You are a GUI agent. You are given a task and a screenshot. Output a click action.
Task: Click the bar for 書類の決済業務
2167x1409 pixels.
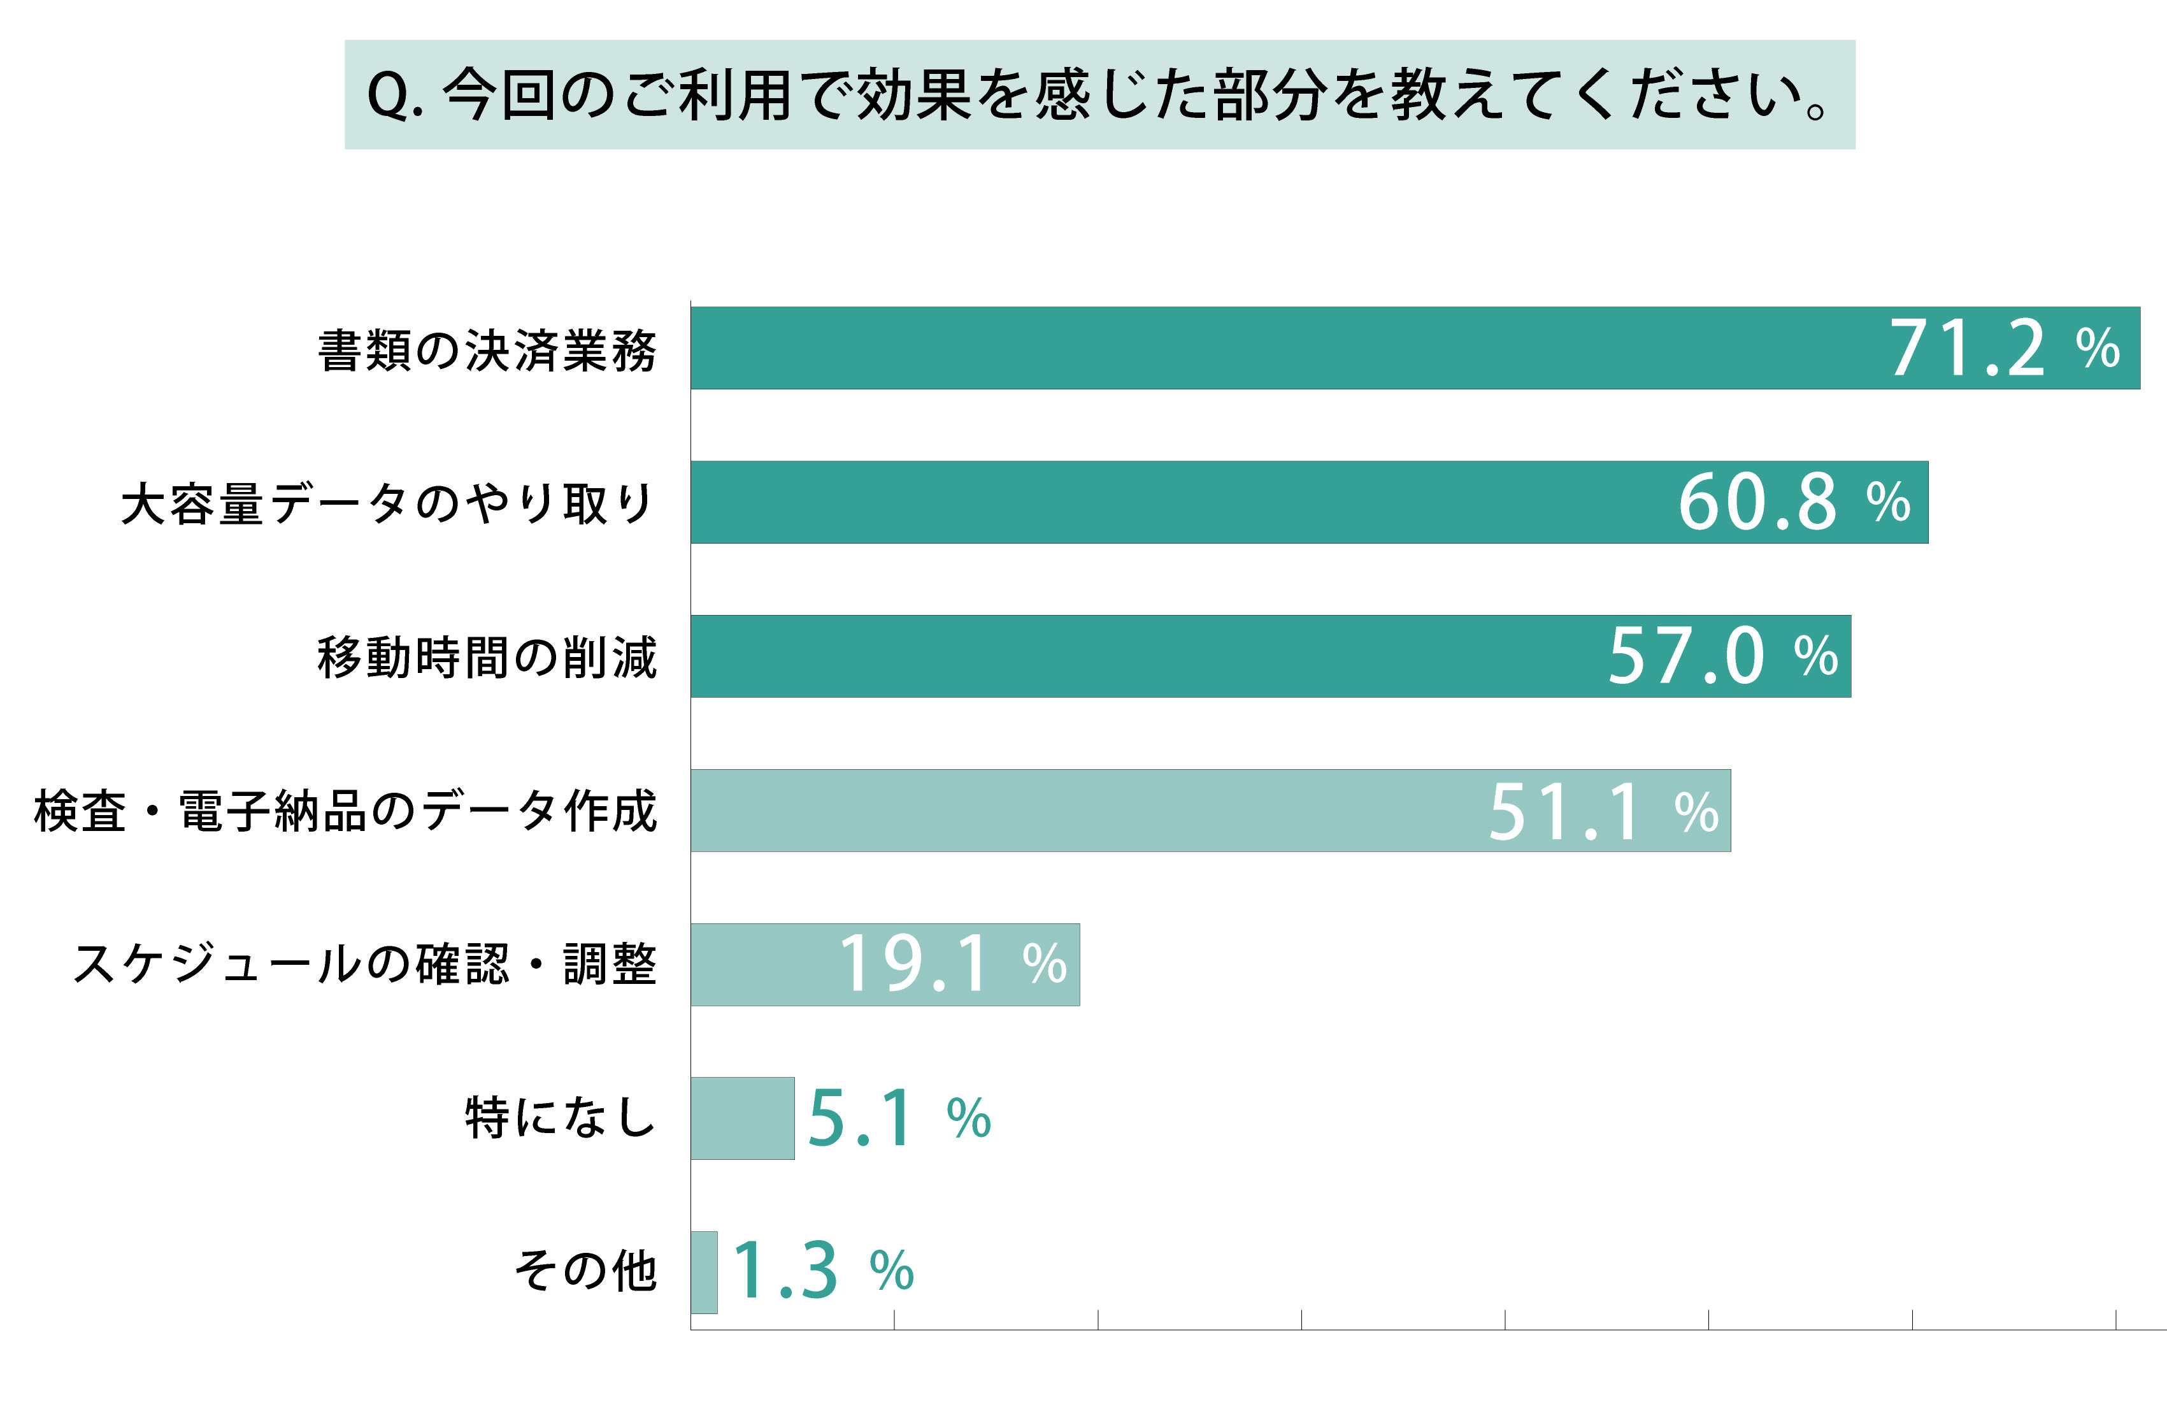(1275, 348)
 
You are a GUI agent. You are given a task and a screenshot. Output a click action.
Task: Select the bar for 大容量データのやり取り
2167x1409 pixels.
(1184, 502)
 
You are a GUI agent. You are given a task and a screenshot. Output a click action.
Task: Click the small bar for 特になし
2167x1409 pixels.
(742, 1118)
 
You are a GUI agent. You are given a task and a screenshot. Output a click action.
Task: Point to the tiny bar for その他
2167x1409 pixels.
(704, 1271)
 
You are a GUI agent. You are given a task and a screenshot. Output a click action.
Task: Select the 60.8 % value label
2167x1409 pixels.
(1794, 502)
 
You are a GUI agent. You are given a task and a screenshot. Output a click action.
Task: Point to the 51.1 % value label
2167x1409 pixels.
(1603, 811)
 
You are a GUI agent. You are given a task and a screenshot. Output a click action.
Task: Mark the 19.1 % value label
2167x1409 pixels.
(952, 964)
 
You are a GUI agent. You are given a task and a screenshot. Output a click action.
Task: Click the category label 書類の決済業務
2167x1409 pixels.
(487, 350)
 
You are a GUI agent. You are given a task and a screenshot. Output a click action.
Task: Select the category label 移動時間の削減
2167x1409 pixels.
(487, 658)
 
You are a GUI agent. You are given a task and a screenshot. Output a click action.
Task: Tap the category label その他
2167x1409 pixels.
(585, 1271)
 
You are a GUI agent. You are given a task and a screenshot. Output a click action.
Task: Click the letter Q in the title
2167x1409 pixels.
(388, 96)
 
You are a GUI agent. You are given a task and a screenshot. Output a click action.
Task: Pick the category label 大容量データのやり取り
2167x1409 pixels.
(388, 503)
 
